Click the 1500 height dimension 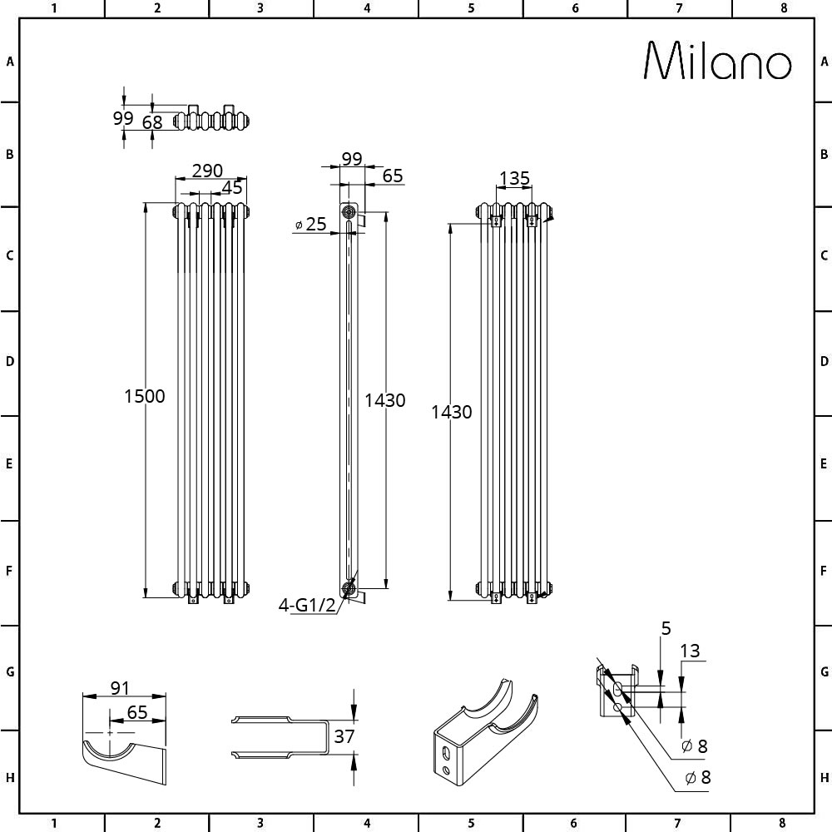click(x=144, y=396)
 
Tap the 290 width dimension click(x=207, y=171)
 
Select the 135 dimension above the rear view click(x=515, y=178)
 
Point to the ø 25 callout click(x=311, y=224)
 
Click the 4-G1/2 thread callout click(x=307, y=605)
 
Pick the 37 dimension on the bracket click(x=344, y=736)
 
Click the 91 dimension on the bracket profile click(x=120, y=688)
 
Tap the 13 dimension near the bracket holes click(x=690, y=651)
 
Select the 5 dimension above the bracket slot click(x=666, y=628)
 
